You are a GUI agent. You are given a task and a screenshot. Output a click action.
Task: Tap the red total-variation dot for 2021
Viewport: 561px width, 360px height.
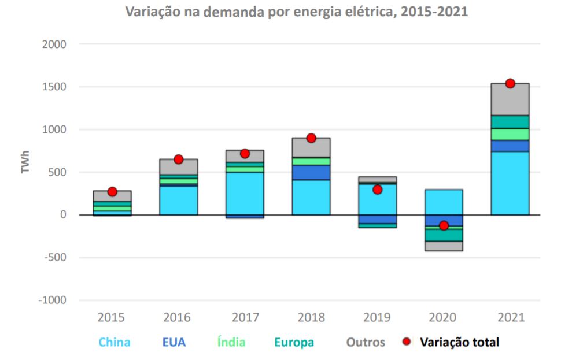tap(510, 83)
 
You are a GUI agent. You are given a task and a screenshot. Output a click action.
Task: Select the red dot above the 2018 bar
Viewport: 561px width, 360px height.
tap(311, 138)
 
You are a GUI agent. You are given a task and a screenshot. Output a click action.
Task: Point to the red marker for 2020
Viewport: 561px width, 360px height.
tap(444, 225)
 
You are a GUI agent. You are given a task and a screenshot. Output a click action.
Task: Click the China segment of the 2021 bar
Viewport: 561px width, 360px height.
tap(510, 183)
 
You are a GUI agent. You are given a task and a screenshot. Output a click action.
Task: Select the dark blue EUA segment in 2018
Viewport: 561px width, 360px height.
tap(311, 172)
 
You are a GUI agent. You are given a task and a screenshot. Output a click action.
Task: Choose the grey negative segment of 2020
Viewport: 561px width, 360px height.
tap(444, 246)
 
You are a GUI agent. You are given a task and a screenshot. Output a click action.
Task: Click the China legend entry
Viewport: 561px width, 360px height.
tap(115, 342)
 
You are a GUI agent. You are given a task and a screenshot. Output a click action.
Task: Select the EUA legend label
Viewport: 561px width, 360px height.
tap(174, 342)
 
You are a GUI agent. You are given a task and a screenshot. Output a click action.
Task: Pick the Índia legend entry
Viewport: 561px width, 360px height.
tap(231, 342)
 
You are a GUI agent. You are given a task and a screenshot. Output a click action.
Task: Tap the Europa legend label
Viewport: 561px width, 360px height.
tap(295, 342)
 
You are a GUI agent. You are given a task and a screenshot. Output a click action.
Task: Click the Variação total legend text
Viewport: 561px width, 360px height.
tap(460, 342)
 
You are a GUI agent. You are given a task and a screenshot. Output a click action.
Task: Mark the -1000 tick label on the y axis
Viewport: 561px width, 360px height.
tap(51, 300)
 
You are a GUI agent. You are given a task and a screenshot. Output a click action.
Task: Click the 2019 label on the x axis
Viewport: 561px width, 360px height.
tap(377, 317)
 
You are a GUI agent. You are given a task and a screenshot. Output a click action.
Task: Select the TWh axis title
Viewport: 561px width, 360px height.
tap(26, 162)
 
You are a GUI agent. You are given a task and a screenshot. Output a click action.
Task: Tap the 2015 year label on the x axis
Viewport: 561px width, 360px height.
tap(112, 317)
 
